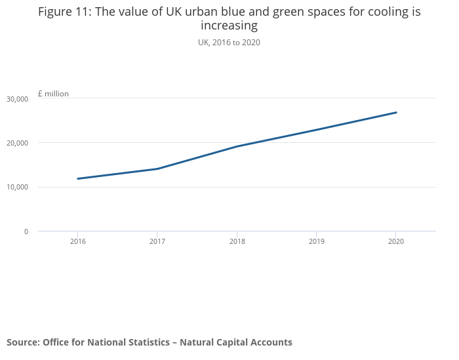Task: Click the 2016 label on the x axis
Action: coord(77,241)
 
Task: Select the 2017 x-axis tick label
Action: coord(157,241)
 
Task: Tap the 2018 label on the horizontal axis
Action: coord(237,241)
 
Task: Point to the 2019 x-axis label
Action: coord(316,241)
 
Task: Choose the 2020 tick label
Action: coord(395,241)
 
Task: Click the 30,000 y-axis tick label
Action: coord(17,99)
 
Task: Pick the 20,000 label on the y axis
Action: coord(17,143)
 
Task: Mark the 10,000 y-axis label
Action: coord(17,188)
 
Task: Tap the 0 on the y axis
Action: coord(26,231)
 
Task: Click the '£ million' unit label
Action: coord(53,94)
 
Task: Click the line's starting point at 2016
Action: coord(78,178)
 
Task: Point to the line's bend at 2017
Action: coord(157,169)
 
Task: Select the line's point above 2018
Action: coord(237,146)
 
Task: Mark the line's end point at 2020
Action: coord(396,112)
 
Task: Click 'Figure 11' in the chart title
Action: coord(66,12)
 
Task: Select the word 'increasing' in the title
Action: coord(229,26)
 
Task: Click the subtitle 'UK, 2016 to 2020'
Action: coord(229,43)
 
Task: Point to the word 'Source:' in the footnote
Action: coord(23,342)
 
